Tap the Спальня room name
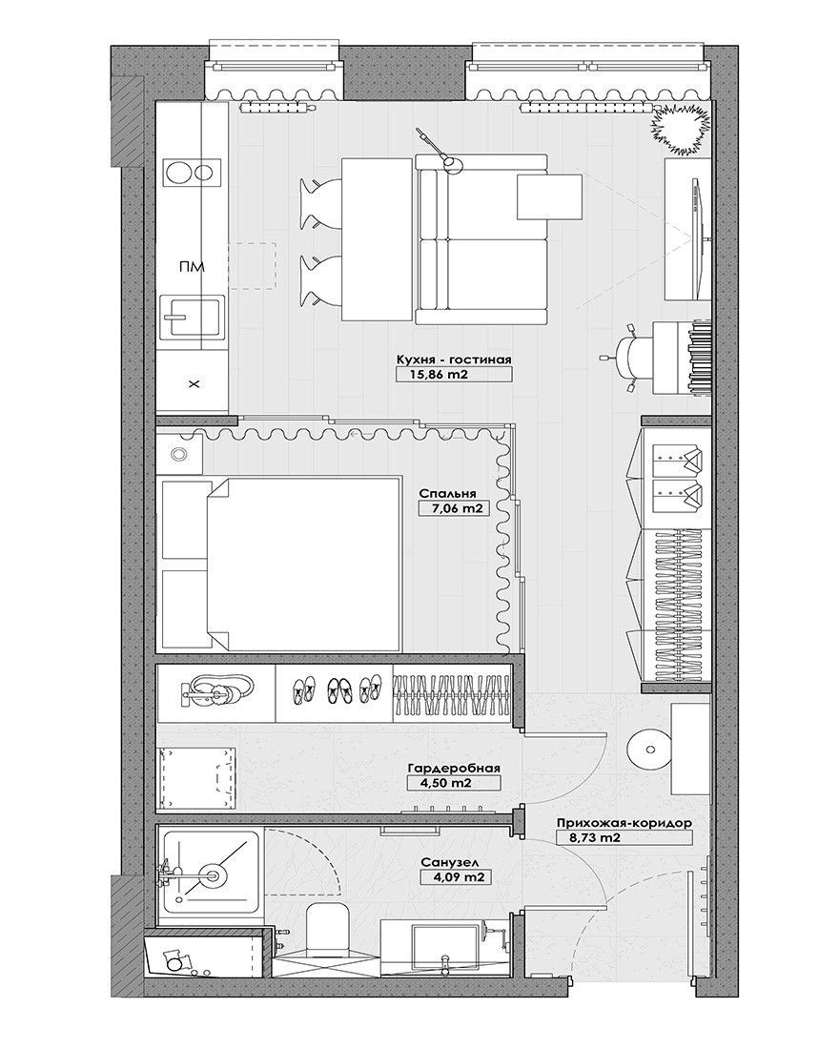pyautogui.click(x=447, y=494)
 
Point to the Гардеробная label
pyautogui.click(x=454, y=769)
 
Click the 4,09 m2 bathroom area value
pyautogui.click(x=452, y=877)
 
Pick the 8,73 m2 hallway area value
pyautogui.click(x=588, y=837)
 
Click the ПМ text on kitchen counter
pyautogui.click(x=192, y=267)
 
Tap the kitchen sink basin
pyautogui.click(x=192, y=317)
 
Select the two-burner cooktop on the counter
pyautogui.click(x=192, y=174)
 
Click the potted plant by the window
pyautogui.click(x=680, y=127)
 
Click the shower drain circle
pyautogui.click(x=212, y=873)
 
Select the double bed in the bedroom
pyautogui.click(x=304, y=564)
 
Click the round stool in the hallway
pyautogui.click(x=648, y=749)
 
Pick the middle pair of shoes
pyautogui.click(x=341, y=689)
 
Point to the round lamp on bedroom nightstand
pyautogui.click(x=178, y=454)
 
